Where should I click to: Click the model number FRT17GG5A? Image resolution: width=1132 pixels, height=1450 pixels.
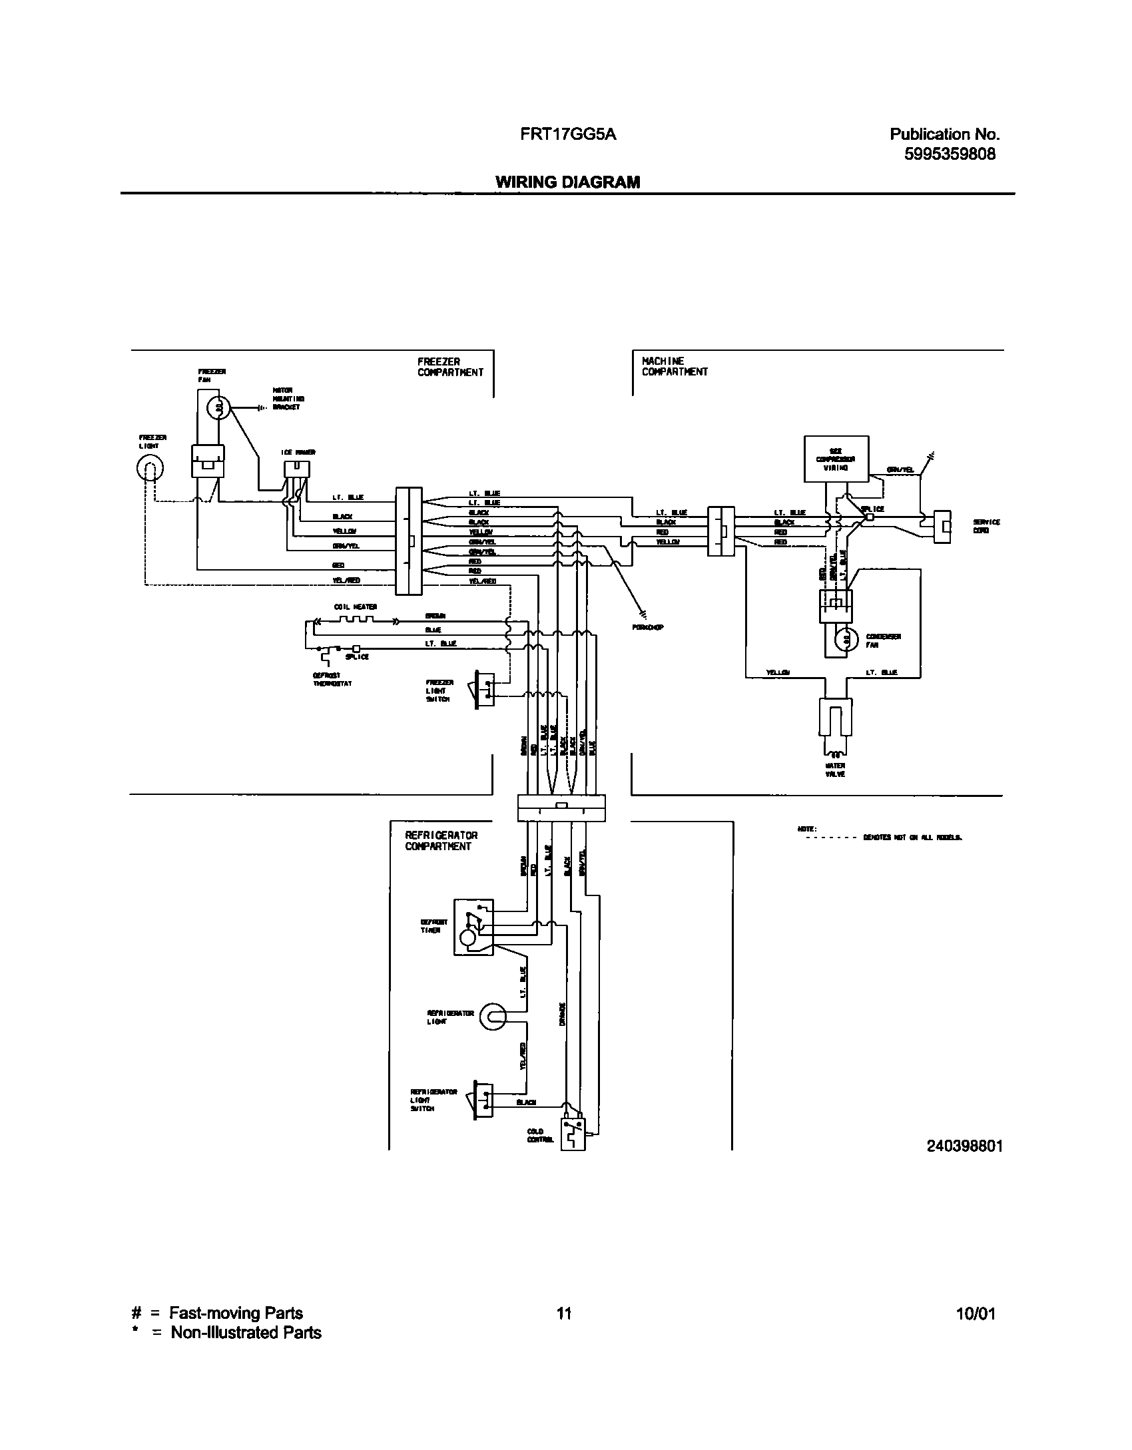coord(568,134)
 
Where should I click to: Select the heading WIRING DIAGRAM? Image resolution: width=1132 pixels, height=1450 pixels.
coord(567,182)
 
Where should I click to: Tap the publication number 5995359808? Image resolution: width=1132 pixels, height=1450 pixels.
coord(950,154)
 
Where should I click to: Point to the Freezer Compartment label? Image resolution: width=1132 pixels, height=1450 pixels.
coord(450,367)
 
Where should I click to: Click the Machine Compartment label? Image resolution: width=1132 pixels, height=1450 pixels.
coord(674,366)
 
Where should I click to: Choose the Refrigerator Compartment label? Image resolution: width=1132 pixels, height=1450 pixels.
coord(441,841)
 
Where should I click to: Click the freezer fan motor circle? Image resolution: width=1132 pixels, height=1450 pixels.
coord(219,407)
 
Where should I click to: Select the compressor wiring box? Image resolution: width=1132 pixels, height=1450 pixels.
coord(836,459)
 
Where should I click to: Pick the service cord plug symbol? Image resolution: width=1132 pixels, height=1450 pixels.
coord(942,527)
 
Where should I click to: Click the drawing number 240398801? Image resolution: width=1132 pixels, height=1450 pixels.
coord(964,1146)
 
